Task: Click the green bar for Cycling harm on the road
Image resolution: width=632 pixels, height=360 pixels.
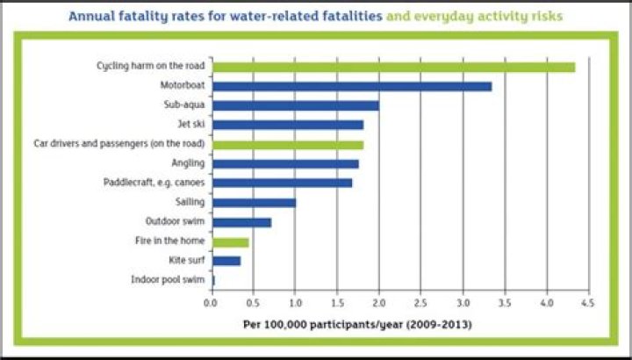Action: (392, 67)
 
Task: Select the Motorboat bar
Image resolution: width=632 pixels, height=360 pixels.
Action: (351, 86)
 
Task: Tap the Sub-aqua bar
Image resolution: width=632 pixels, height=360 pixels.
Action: (295, 105)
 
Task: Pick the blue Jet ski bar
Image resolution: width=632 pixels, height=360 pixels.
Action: (287, 125)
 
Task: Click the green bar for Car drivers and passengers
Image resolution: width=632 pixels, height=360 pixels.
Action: (287, 144)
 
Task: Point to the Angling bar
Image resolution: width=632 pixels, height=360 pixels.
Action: (285, 163)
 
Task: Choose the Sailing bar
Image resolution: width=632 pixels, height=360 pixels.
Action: (254, 202)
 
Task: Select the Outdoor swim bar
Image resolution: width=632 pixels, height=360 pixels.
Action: (241, 221)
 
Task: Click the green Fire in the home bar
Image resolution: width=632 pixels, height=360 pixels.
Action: (230, 241)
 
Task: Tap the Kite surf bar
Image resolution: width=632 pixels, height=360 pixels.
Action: (226, 261)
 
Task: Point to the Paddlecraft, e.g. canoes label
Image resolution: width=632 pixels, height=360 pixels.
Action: (154, 183)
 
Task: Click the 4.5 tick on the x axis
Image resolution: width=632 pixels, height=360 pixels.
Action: (588, 302)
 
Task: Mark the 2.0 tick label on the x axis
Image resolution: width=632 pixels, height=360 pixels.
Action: (378, 302)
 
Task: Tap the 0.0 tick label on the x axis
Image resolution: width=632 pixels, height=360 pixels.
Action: (211, 302)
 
